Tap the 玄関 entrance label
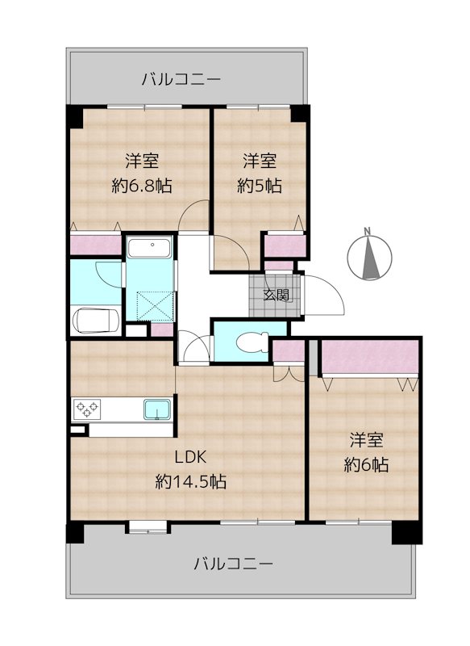pyautogui.click(x=277, y=295)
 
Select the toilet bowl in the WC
pyautogui.click(x=251, y=342)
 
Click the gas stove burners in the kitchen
pyautogui.click(x=87, y=409)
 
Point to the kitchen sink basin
pyautogui.click(x=157, y=409)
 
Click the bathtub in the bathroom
pyautogui.click(x=149, y=249)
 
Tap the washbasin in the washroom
pyautogui.click(x=95, y=321)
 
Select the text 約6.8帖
pyautogui.click(x=141, y=187)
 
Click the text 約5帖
pyautogui.click(x=260, y=187)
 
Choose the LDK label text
pyautogui.click(x=190, y=457)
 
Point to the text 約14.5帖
pyautogui.click(x=190, y=481)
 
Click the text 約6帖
pyautogui.click(x=366, y=465)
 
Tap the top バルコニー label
pyautogui.click(x=181, y=78)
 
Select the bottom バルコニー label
pyautogui.click(x=233, y=563)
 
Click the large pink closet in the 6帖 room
pyautogui.click(x=370, y=357)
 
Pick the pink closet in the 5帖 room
pyautogui.click(x=285, y=246)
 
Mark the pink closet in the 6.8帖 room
pyautogui.click(x=96, y=245)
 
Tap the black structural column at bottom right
pyautogui.click(x=406, y=534)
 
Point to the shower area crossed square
pyautogui.click(x=156, y=306)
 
